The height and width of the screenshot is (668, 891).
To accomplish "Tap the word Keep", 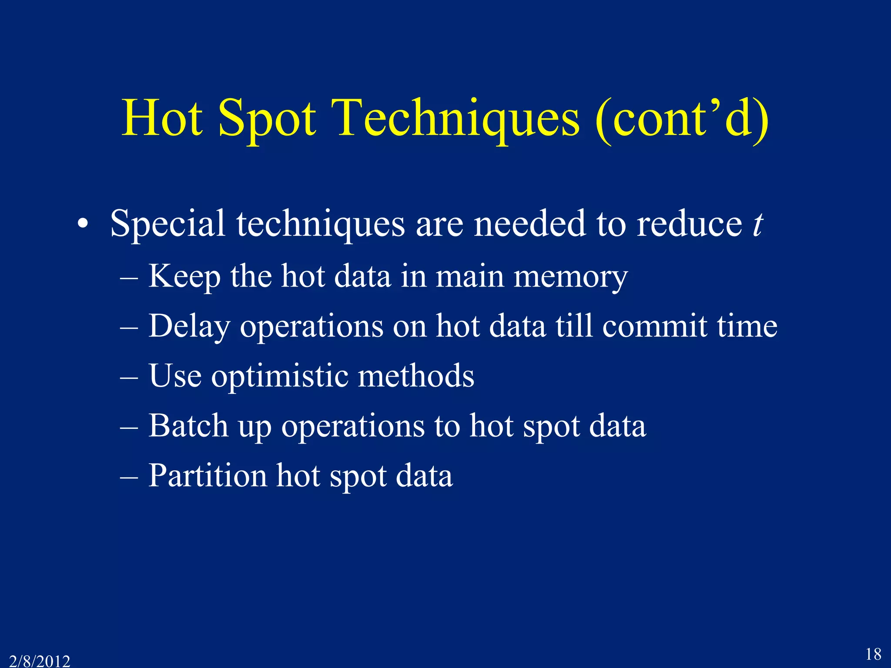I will point(184,277).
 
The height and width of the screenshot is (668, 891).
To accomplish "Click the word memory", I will point(570,277).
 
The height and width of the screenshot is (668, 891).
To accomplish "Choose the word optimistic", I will point(280,377).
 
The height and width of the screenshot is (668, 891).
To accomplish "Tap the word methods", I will point(416,376).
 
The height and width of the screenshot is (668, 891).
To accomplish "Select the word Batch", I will point(188,426).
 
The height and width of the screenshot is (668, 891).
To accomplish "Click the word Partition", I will point(208,476).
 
